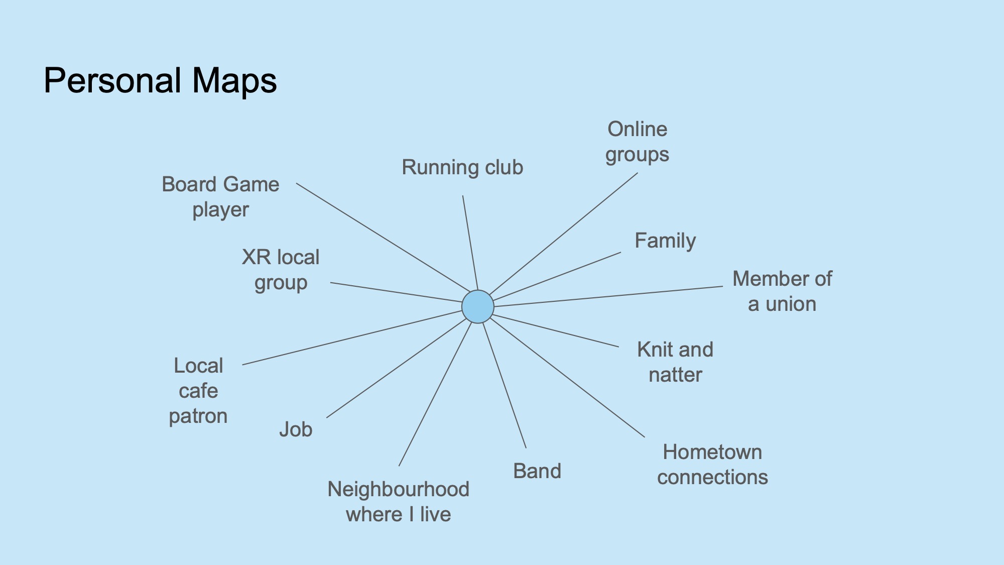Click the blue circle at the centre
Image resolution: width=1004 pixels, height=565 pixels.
tap(477, 306)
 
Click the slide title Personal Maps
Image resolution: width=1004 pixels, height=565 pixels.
tap(160, 80)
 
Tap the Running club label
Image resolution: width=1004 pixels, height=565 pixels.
tap(462, 167)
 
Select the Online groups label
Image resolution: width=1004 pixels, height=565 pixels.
tap(637, 142)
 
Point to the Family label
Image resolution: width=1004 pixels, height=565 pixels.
tap(665, 241)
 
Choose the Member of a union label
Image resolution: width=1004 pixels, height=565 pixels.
tap(782, 291)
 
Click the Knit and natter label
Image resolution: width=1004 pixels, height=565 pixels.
tap(675, 362)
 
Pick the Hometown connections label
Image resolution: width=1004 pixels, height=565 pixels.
tap(712, 465)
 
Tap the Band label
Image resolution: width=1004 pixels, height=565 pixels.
tap(537, 471)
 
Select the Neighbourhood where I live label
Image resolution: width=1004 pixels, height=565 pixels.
tap(399, 502)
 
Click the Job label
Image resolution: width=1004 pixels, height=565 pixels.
tap(296, 430)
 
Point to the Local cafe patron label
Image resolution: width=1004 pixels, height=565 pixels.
tap(198, 391)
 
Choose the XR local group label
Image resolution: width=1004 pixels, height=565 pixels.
tap(281, 270)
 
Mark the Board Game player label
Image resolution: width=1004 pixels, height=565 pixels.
tap(220, 197)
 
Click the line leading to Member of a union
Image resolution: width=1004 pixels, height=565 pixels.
tap(608, 296)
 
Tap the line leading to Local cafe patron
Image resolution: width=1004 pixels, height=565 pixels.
tap(352, 337)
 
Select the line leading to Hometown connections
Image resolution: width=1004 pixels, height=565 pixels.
tap(567, 377)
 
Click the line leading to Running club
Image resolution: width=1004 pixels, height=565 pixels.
tap(470, 243)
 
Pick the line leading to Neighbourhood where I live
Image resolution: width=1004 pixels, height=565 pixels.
tap(435, 394)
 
